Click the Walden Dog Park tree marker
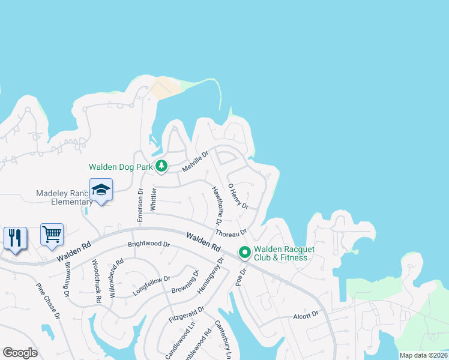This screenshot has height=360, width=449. click(160, 166)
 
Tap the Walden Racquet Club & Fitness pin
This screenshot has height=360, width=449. click(244, 253)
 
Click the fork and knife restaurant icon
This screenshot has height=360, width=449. click(15, 238)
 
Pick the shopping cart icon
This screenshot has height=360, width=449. click(52, 234)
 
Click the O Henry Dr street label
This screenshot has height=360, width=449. click(238, 196)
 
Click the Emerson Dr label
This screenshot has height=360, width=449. click(140, 206)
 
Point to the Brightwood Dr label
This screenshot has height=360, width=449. click(149, 245)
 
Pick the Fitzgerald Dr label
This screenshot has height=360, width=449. click(187, 315)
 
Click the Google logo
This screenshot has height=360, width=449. click(20, 353)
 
